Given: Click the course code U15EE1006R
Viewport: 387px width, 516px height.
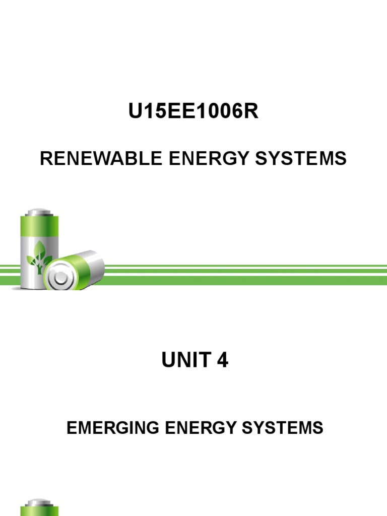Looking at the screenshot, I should [x=193, y=112].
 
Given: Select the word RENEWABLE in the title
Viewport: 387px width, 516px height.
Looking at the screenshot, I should [x=100, y=159].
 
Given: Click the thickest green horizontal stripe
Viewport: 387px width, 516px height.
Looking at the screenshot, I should [x=242, y=280].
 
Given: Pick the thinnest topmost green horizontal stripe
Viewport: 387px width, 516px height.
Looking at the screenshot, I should [x=242, y=266].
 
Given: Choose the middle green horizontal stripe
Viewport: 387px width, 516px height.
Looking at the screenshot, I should [x=242, y=271].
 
